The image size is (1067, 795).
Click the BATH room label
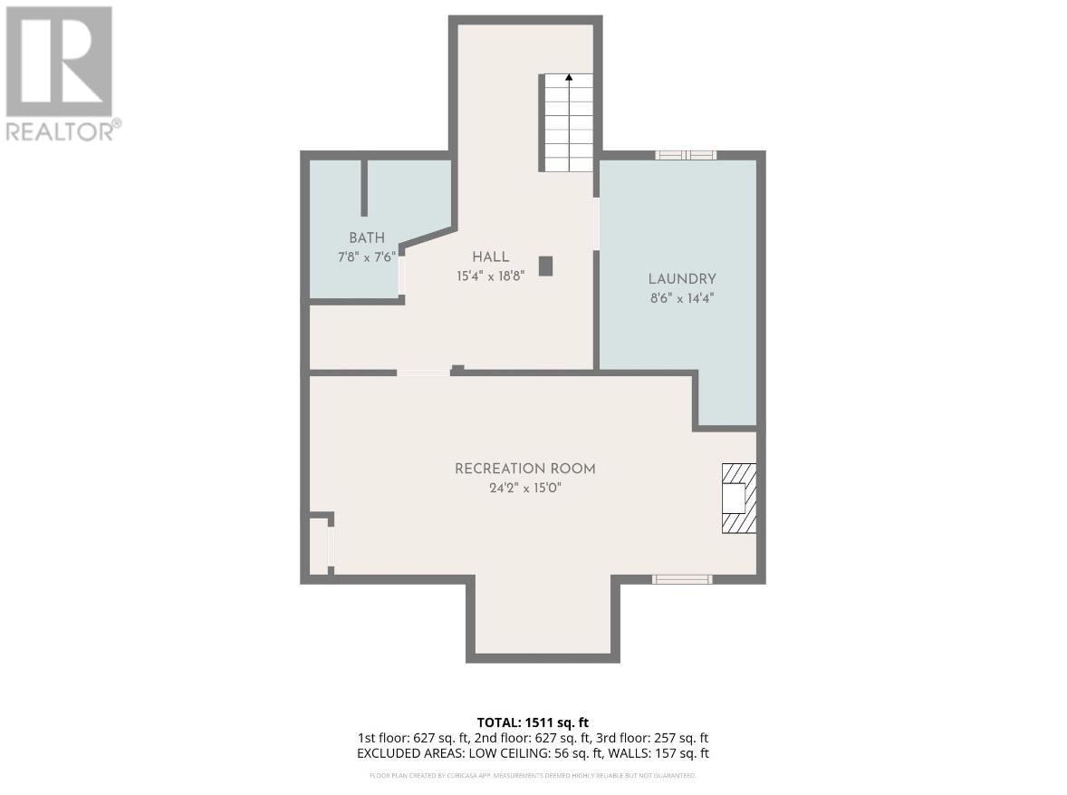(x=354, y=238)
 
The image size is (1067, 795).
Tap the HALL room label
(x=490, y=257)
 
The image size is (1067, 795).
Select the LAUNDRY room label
(x=681, y=279)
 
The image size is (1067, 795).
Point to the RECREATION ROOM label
(x=524, y=469)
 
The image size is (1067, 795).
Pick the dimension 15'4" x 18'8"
(x=490, y=276)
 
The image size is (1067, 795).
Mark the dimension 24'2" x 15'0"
(x=524, y=488)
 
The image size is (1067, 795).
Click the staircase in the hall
(x=568, y=123)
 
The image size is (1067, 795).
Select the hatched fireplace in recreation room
(x=737, y=498)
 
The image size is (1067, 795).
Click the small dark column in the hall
(x=545, y=266)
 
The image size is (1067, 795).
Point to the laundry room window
(x=686, y=155)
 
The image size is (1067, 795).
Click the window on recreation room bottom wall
(x=683, y=578)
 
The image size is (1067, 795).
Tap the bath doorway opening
(x=401, y=275)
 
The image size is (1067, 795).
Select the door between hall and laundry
(x=596, y=223)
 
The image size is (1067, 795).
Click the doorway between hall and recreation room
(x=423, y=372)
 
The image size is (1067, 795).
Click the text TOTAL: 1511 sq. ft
(x=533, y=722)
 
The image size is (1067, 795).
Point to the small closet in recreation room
(x=319, y=547)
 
